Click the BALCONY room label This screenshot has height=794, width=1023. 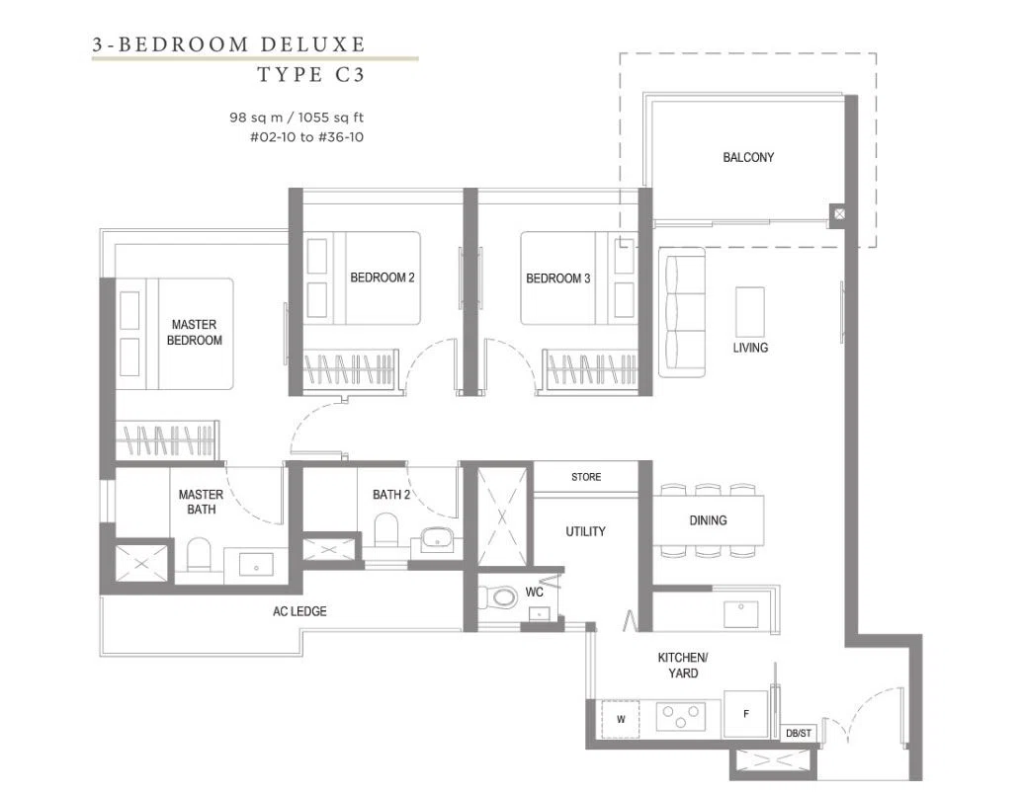click(748, 157)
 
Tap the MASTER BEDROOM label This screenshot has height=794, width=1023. click(194, 332)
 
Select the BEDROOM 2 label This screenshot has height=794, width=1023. click(383, 278)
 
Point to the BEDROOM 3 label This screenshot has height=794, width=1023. click(557, 278)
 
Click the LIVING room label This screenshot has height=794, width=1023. click(750, 348)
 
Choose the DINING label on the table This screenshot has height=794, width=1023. click(708, 520)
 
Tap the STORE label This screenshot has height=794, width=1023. click(586, 477)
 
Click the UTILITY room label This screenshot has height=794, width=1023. click(585, 531)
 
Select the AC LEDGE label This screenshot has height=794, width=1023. click(299, 611)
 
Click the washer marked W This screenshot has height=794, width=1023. click(621, 719)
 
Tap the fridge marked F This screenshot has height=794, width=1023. click(745, 714)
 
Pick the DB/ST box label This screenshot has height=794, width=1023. click(799, 734)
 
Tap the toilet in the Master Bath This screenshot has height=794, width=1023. click(199, 554)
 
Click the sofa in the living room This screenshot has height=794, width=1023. click(682, 312)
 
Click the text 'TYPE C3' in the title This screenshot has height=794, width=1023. click(311, 74)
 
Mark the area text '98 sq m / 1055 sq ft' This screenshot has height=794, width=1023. click(297, 118)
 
